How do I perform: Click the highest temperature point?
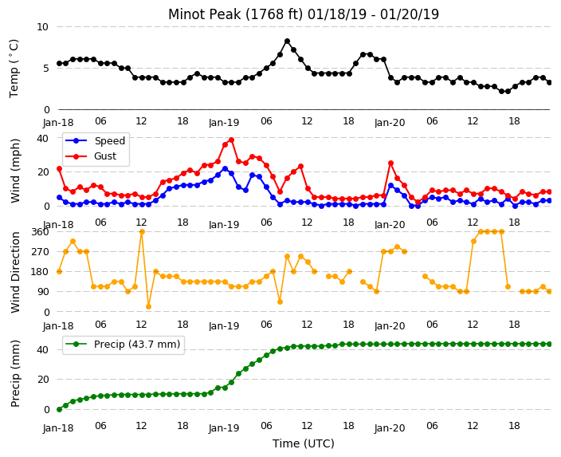[287, 41]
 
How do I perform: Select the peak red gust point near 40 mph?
[231, 140]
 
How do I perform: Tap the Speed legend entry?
[95, 140]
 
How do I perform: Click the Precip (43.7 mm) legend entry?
[123, 345]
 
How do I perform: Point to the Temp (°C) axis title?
[14, 69]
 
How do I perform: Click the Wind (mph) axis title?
[14, 171]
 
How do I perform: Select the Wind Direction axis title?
[14, 272]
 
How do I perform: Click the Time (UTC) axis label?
[304, 443]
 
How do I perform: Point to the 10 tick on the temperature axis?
[42, 27]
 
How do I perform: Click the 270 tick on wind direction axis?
[40, 252]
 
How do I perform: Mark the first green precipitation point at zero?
[60, 409]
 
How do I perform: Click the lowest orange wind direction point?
[148, 306]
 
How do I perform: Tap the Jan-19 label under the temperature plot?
[224, 123]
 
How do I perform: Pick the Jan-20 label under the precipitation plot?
[390, 427]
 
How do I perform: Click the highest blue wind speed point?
[225, 169]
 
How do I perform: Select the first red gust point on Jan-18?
[60, 169]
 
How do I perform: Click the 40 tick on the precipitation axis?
[42, 349]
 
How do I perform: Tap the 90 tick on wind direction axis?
[43, 292]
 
